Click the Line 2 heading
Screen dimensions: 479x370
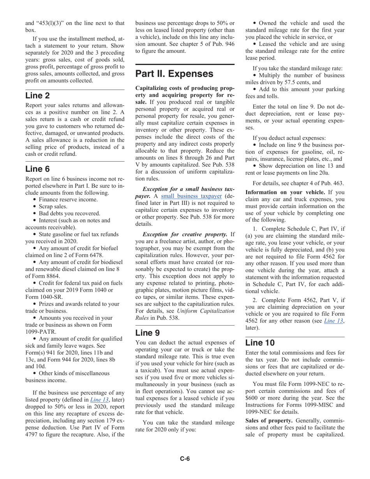[38, 95]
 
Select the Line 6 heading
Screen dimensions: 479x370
[38, 169]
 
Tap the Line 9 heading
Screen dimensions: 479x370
[148, 333]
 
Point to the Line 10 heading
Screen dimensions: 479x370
[260, 342]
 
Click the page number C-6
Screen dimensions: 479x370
[185, 458]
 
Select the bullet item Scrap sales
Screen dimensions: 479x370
[53, 206]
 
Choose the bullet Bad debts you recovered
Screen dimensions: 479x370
[64, 213]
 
